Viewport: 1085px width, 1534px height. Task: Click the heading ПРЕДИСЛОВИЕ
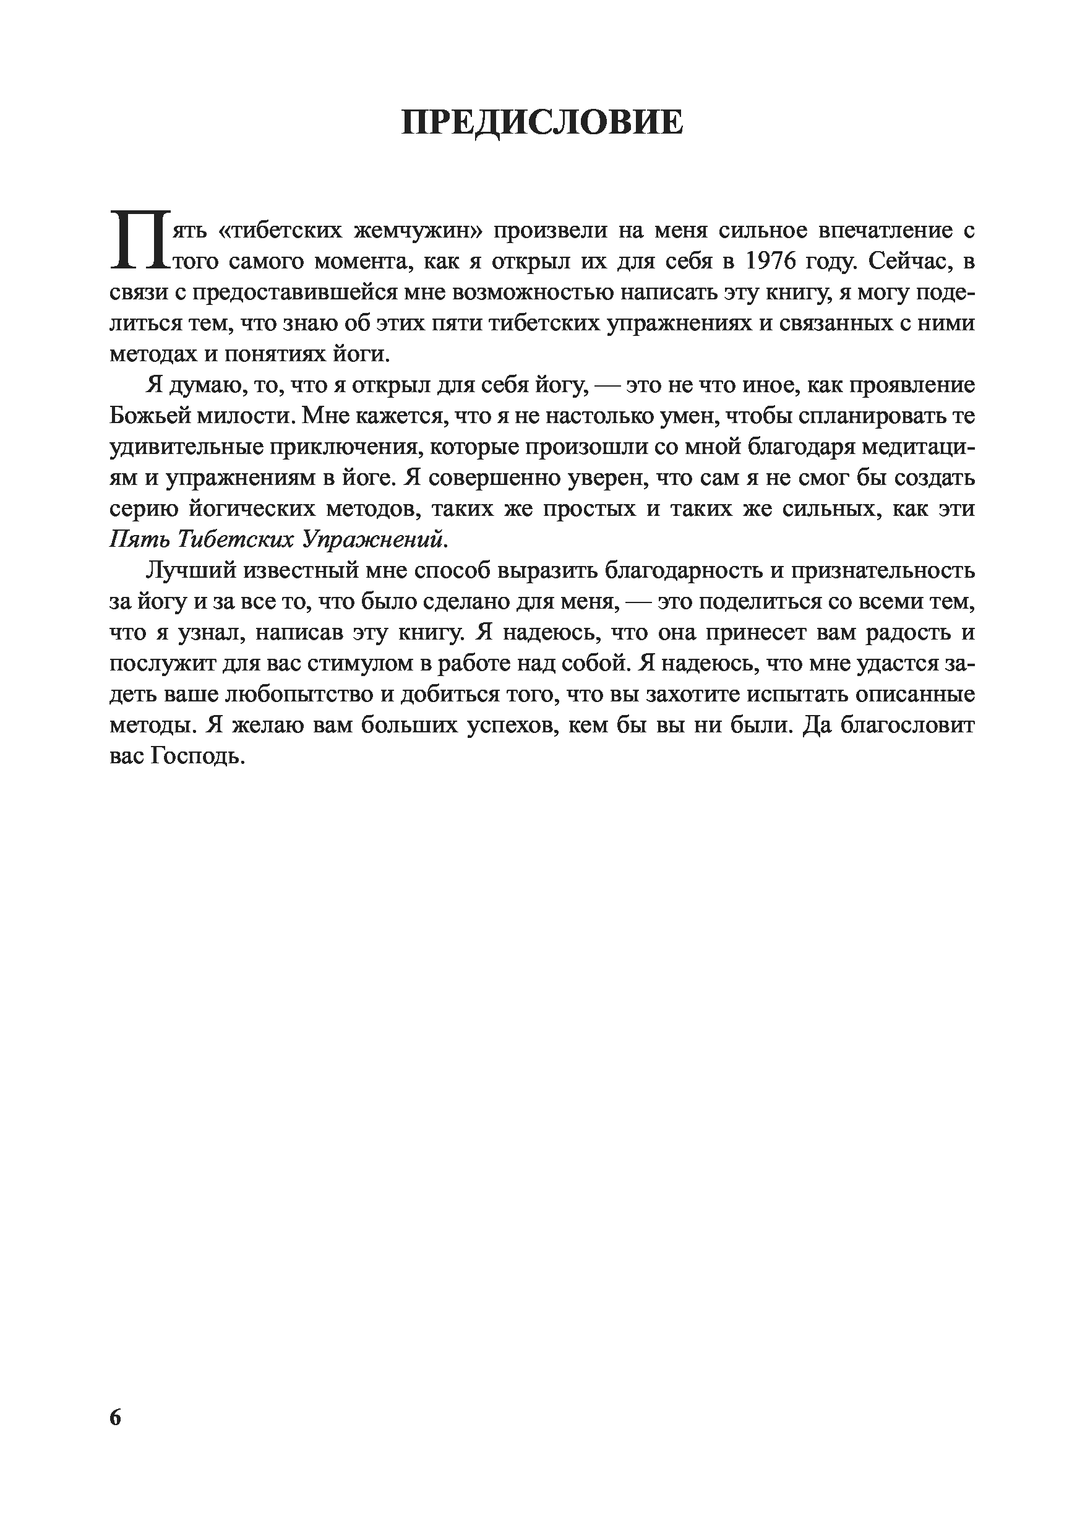pyautogui.click(x=542, y=123)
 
